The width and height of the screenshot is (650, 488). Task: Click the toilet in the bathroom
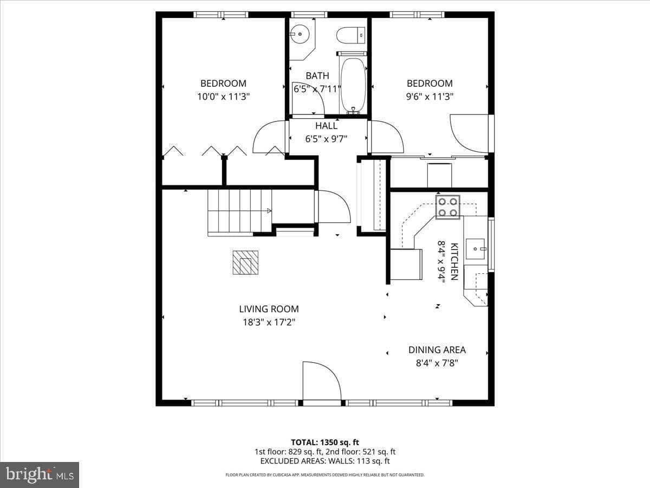351,36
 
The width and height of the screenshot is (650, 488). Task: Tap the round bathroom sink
300,34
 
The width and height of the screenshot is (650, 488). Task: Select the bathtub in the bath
353,82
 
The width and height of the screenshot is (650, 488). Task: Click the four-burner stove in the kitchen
447,207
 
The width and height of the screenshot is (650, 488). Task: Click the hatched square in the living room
245,262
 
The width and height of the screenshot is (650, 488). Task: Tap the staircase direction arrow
269,211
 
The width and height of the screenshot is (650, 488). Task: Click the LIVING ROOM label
269,309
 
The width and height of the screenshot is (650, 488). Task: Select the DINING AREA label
437,350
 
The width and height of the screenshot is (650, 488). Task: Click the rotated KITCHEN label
454,262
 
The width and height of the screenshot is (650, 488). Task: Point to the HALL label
326,126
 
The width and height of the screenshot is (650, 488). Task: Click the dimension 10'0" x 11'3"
224,97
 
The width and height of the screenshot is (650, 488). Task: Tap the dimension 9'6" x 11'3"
430,97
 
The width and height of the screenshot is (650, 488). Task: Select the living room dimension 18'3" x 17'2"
269,322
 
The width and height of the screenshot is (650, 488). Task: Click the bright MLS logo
40,475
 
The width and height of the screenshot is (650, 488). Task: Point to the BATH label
317,76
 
